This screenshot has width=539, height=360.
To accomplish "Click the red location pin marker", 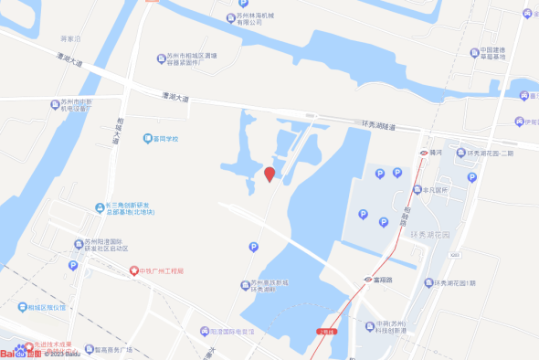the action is pyautogui.click(x=269, y=174).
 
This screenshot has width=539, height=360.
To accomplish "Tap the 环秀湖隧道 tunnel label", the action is pyautogui.click(x=379, y=126).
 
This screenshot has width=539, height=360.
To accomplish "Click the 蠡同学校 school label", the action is pyautogui.click(x=165, y=139).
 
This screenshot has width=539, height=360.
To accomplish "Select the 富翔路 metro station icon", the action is pyautogui.click(x=367, y=279).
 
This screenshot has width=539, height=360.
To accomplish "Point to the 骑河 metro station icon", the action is pyautogui.click(x=424, y=152).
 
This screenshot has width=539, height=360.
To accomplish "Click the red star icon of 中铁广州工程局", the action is pyautogui.click(x=132, y=271).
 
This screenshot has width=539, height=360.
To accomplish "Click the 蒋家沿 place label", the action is pyautogui.click(x=70, y=39).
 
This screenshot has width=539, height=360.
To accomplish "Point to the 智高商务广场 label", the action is pyautogui.click(x=114, y=349).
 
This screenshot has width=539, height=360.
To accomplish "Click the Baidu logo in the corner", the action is pyautogui.click(x=20, y=353).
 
